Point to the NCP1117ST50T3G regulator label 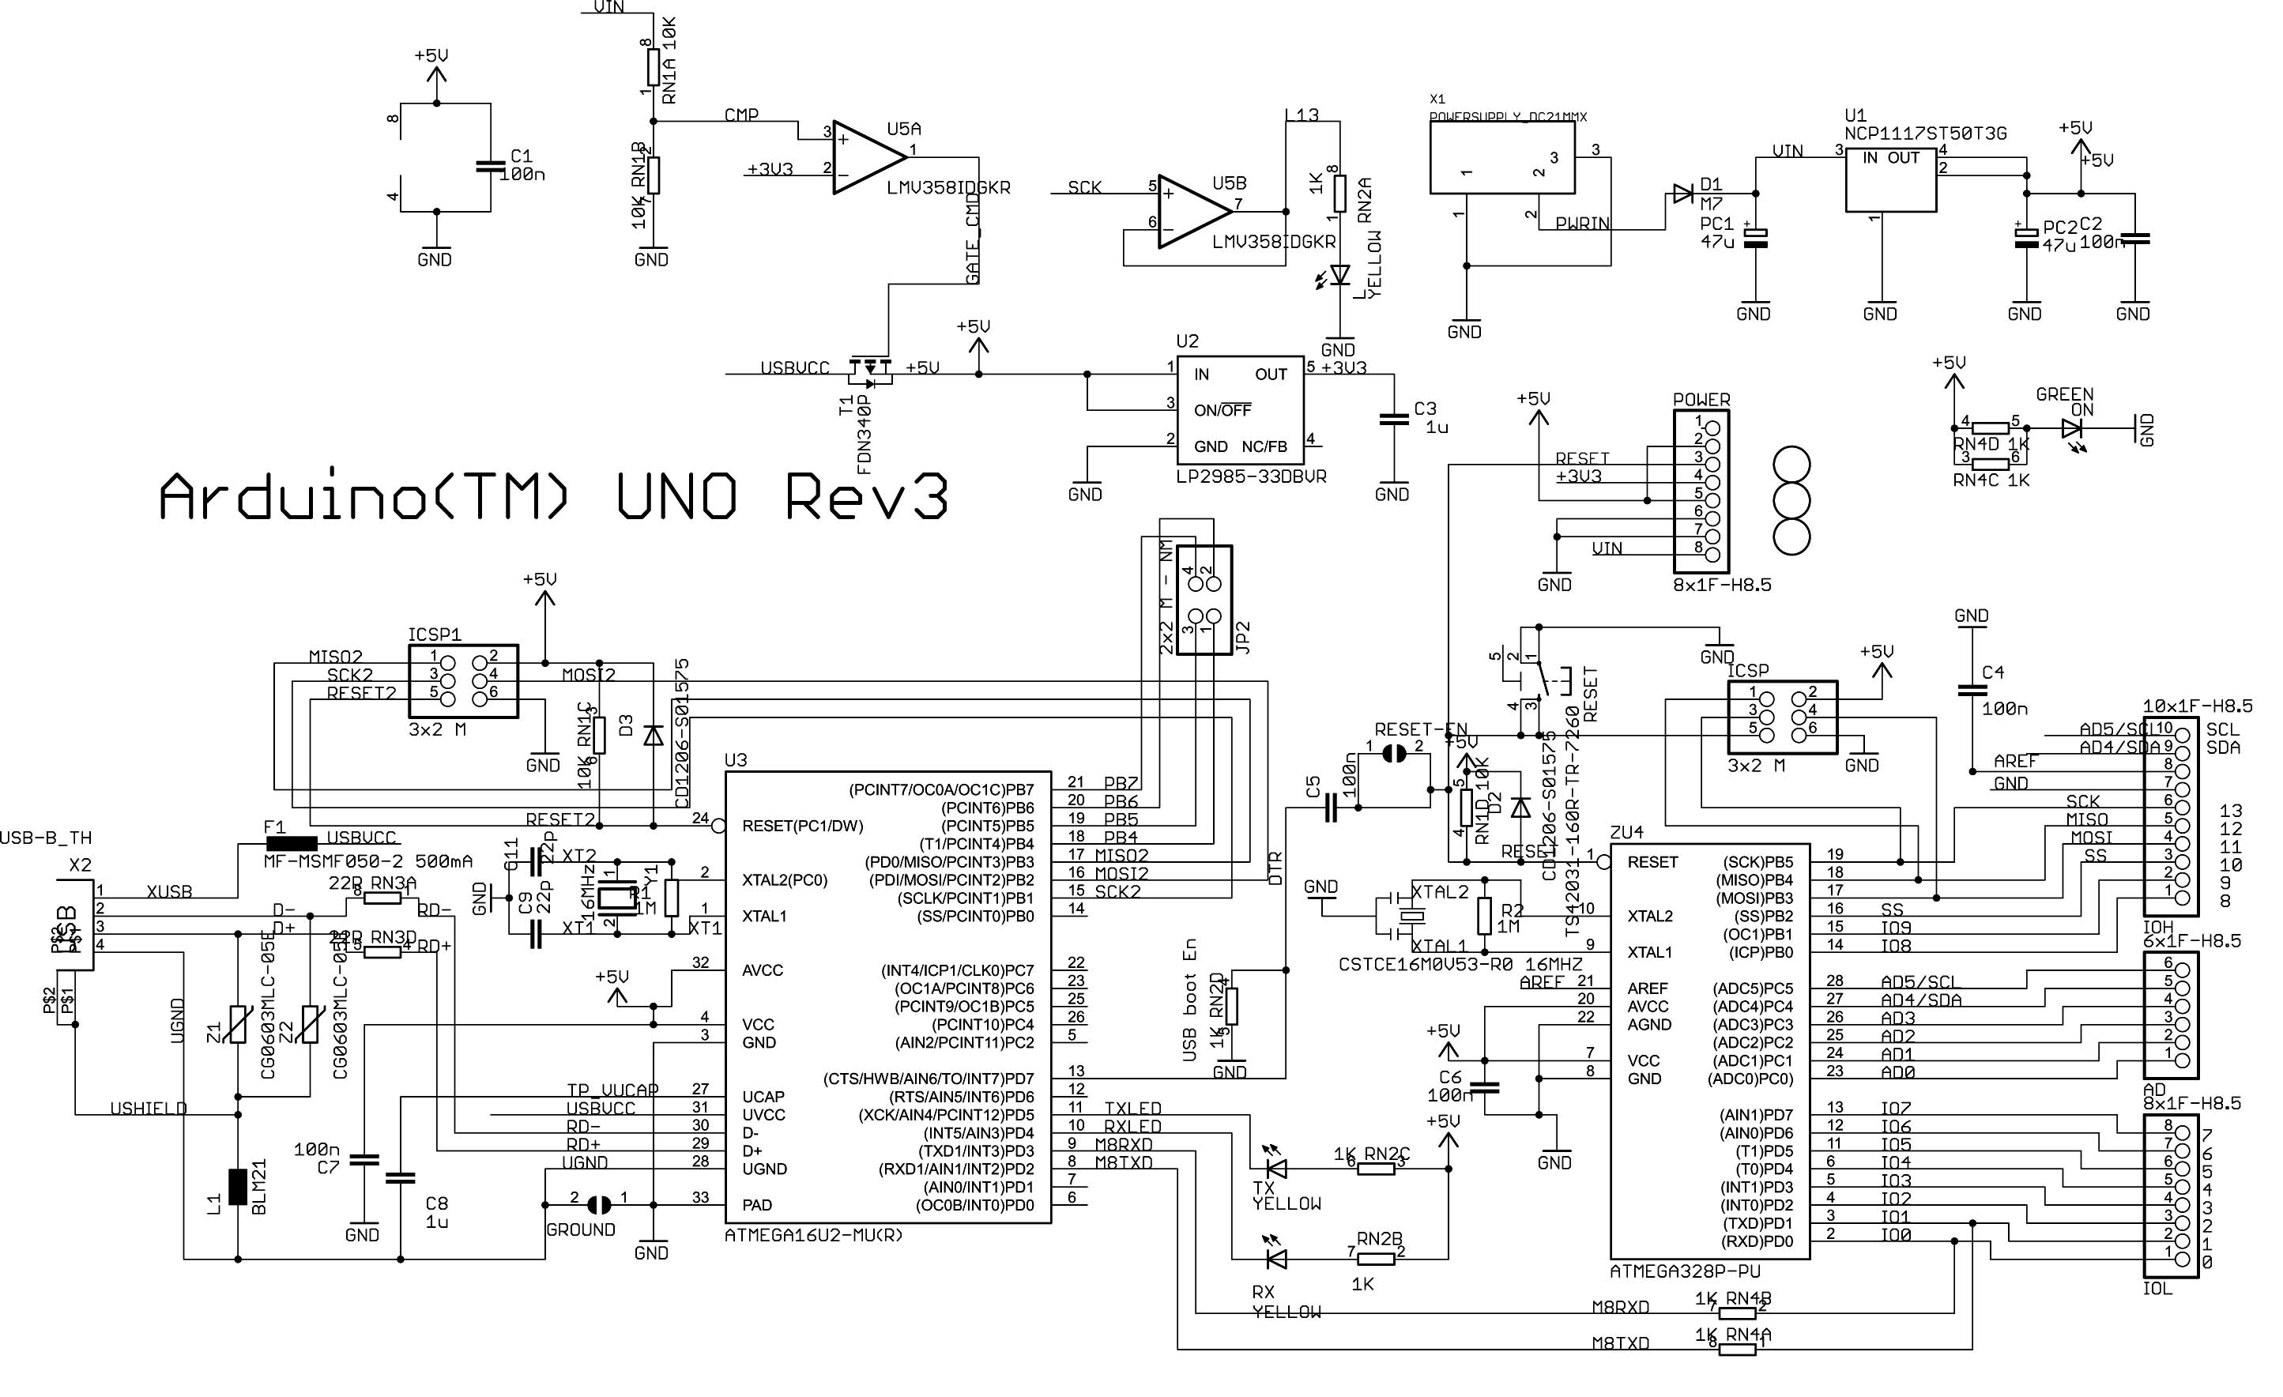[x=1925, y=134]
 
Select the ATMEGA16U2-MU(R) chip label [x=812, y=1235]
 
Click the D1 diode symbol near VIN [x=1682, y=194]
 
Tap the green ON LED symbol [x=2072, y=429]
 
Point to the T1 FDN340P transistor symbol [x=870, y=370]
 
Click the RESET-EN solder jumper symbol [x=1392, y=754]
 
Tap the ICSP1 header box [x=463, y=681]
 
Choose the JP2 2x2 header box [x=1204, y=600]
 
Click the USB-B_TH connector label [x=47, y=838]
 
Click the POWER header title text [x=1701, y=399]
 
